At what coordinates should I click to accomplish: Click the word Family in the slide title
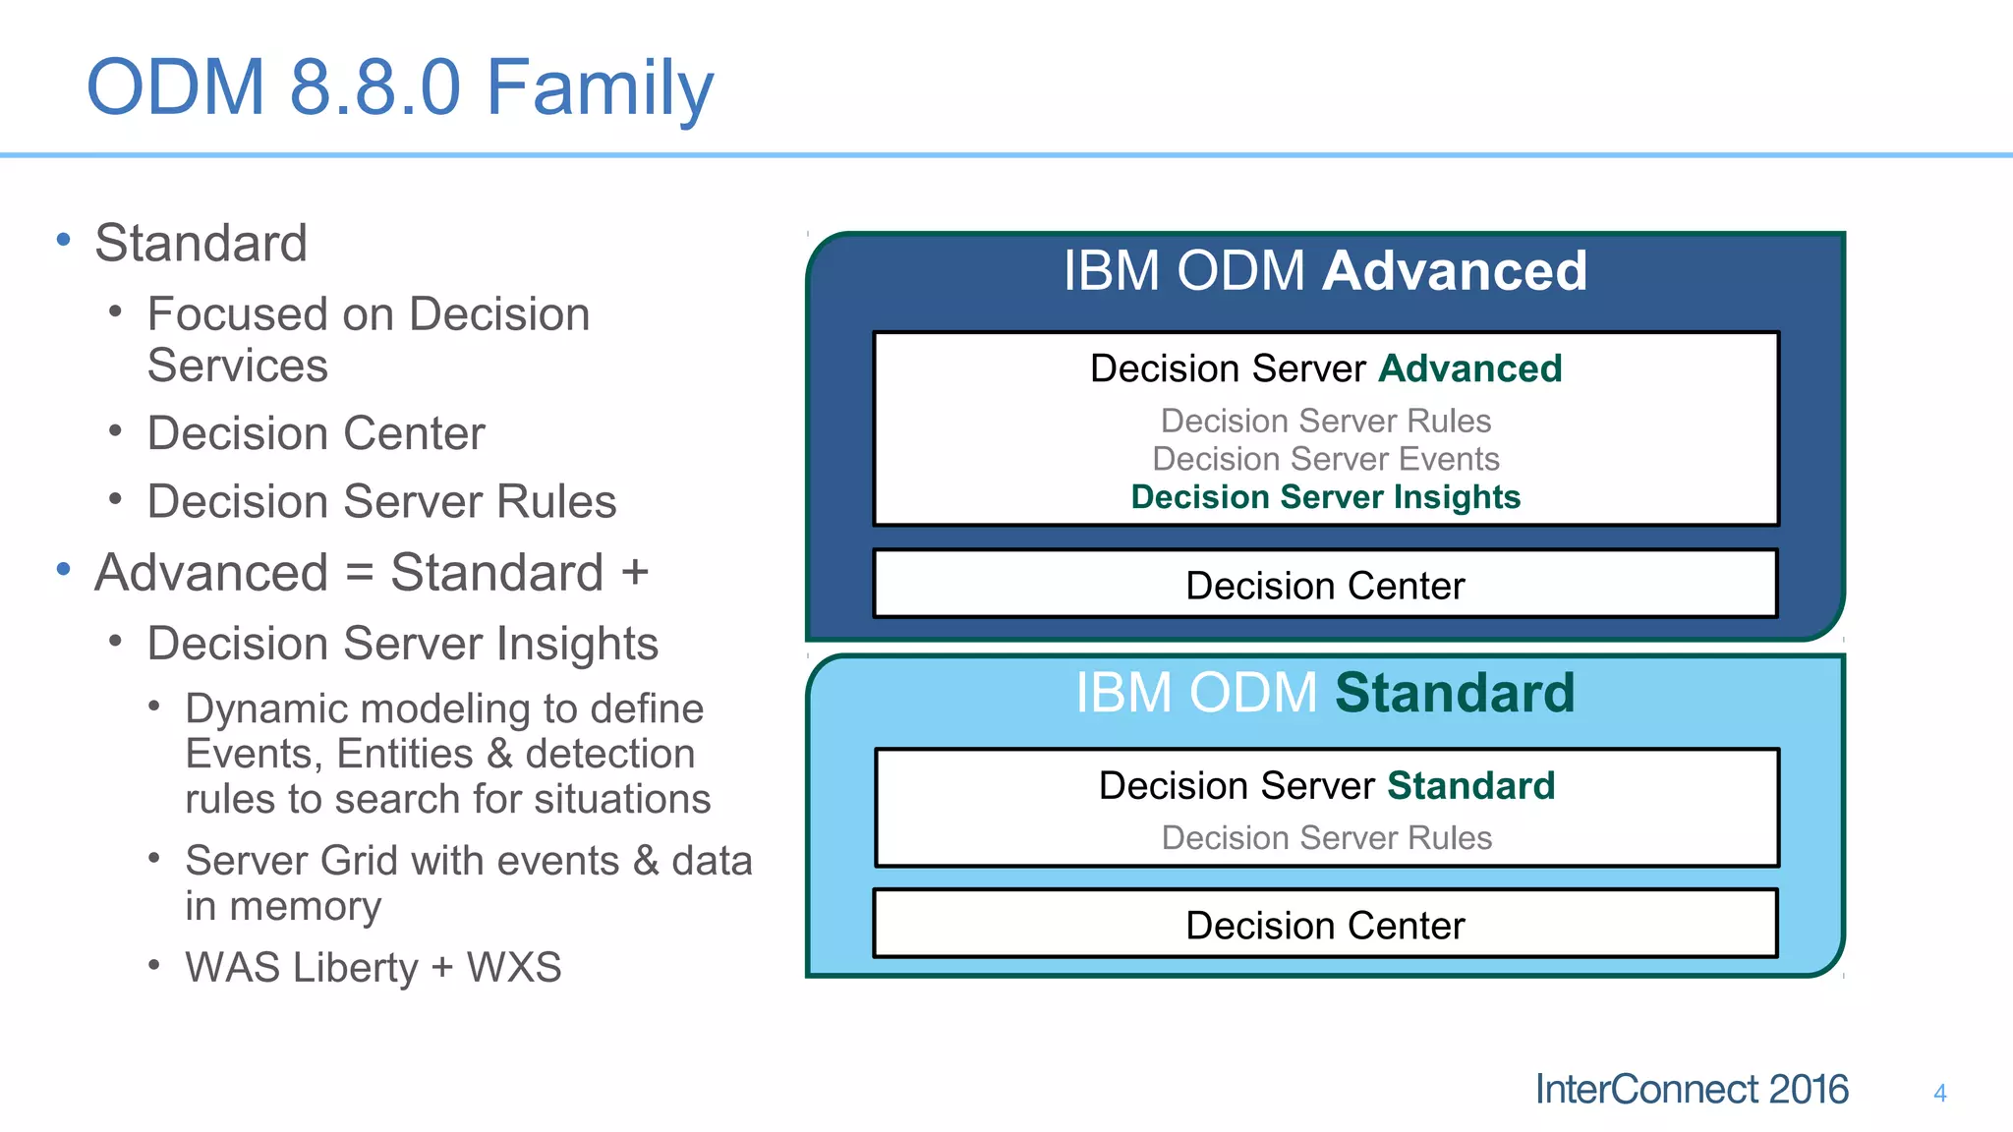pyautogui.click(x=600, y=88)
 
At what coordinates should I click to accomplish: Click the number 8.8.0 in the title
pyautogui.click(x=374, y=88)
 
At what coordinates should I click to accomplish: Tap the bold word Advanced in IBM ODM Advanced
pyautogui.click(x=1455, y=270)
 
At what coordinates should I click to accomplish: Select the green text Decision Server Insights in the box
pyautogui.click(x=1325, y=497)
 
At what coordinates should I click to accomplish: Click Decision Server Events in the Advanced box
pyautogui.click(x=1325, y=459)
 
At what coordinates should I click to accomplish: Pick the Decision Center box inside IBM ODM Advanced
pyautogui.click(x=1325, y=586)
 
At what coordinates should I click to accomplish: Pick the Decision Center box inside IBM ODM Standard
pyautogui.click(x=1325, y=926)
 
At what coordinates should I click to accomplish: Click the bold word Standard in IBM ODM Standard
pyautogui.click(x=1455, y=693)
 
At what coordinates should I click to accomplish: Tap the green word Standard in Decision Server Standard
pyautogui.click(x=1470, y=786)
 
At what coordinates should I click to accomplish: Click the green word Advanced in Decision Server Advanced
pyautogui.click(x=1469, y=368)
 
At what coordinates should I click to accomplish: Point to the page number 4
pyautogui.click(x=1939, y=1093)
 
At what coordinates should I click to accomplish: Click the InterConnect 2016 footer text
pyautogui.click(x=1691, y=1090)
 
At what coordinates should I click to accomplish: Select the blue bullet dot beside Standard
pyautogui.click(x=64, y=240)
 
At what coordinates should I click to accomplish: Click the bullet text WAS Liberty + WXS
pyautogui.click(x=373, y=968)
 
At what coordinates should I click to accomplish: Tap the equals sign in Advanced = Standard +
pyautogui.click(x=360, y=573)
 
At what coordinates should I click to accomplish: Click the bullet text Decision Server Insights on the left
pyautogui.click(x=402, y=644)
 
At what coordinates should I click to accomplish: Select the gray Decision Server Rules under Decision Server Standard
pyautogui.click(x=1326, y=838)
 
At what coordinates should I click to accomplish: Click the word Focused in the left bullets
pyautogui.click(x=237, y=314)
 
